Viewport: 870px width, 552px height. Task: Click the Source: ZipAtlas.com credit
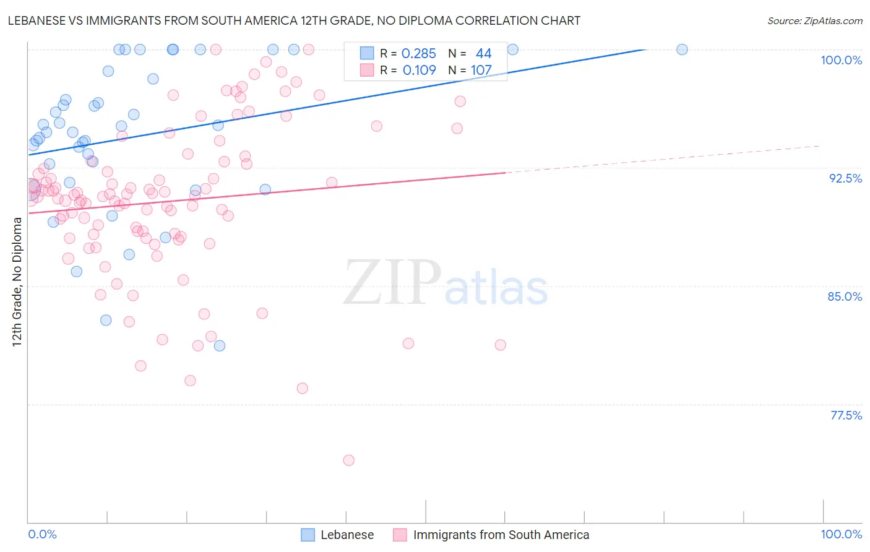(x=814, y=20)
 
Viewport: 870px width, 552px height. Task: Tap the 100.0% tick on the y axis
(x=841, y=60)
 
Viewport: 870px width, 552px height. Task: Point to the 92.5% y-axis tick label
(x=845, y=178)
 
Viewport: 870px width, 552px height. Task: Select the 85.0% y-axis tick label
(x=845, y=296)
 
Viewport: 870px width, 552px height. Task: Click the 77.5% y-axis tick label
(x=846, y=415)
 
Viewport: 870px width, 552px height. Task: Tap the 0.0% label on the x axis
(x=42, y=534)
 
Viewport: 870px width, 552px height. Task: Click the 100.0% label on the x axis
(x=841, y=534)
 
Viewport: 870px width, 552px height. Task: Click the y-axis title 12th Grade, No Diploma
(x=17, y=282)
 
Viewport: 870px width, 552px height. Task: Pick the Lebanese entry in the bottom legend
(x=347, y=535)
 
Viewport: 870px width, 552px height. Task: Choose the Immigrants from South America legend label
(x=501, y=535)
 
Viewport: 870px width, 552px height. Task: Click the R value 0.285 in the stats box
(x=419, y=54)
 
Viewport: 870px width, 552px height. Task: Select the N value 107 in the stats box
(x=481, y=71)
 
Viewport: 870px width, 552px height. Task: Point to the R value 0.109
(x=419, y=71)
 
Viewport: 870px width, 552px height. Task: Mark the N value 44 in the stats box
(x=483, y=54)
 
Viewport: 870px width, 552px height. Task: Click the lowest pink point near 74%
(x=348, y=460)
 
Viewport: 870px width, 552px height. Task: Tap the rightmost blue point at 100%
(x=682, y=50)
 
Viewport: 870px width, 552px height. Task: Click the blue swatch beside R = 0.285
(x=367, y=53)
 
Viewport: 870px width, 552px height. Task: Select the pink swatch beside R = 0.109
(x=367, y=70)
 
